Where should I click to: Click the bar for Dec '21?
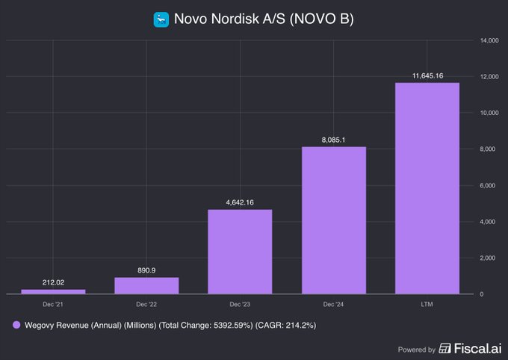(x=53, y=291)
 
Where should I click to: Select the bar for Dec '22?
(x=146, y=285)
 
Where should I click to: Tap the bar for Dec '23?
(x=240, y=252)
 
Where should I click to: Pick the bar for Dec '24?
(x=333, y=220)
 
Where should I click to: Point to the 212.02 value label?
(x=53, y=282)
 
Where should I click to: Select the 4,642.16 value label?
(x=240, y=202)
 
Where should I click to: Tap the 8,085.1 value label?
(x=333, y=140)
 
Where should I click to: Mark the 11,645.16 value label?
(x=427, y=75)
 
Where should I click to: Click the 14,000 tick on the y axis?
(x=489, y=40)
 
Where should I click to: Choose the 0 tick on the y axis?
(x=482, y=294)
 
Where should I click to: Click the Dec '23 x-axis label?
(x=240, y=305)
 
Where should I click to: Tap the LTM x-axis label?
(x=427, y=305)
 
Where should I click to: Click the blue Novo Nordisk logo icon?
(x=161, y=19)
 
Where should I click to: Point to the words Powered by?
(x=416, y=349)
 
